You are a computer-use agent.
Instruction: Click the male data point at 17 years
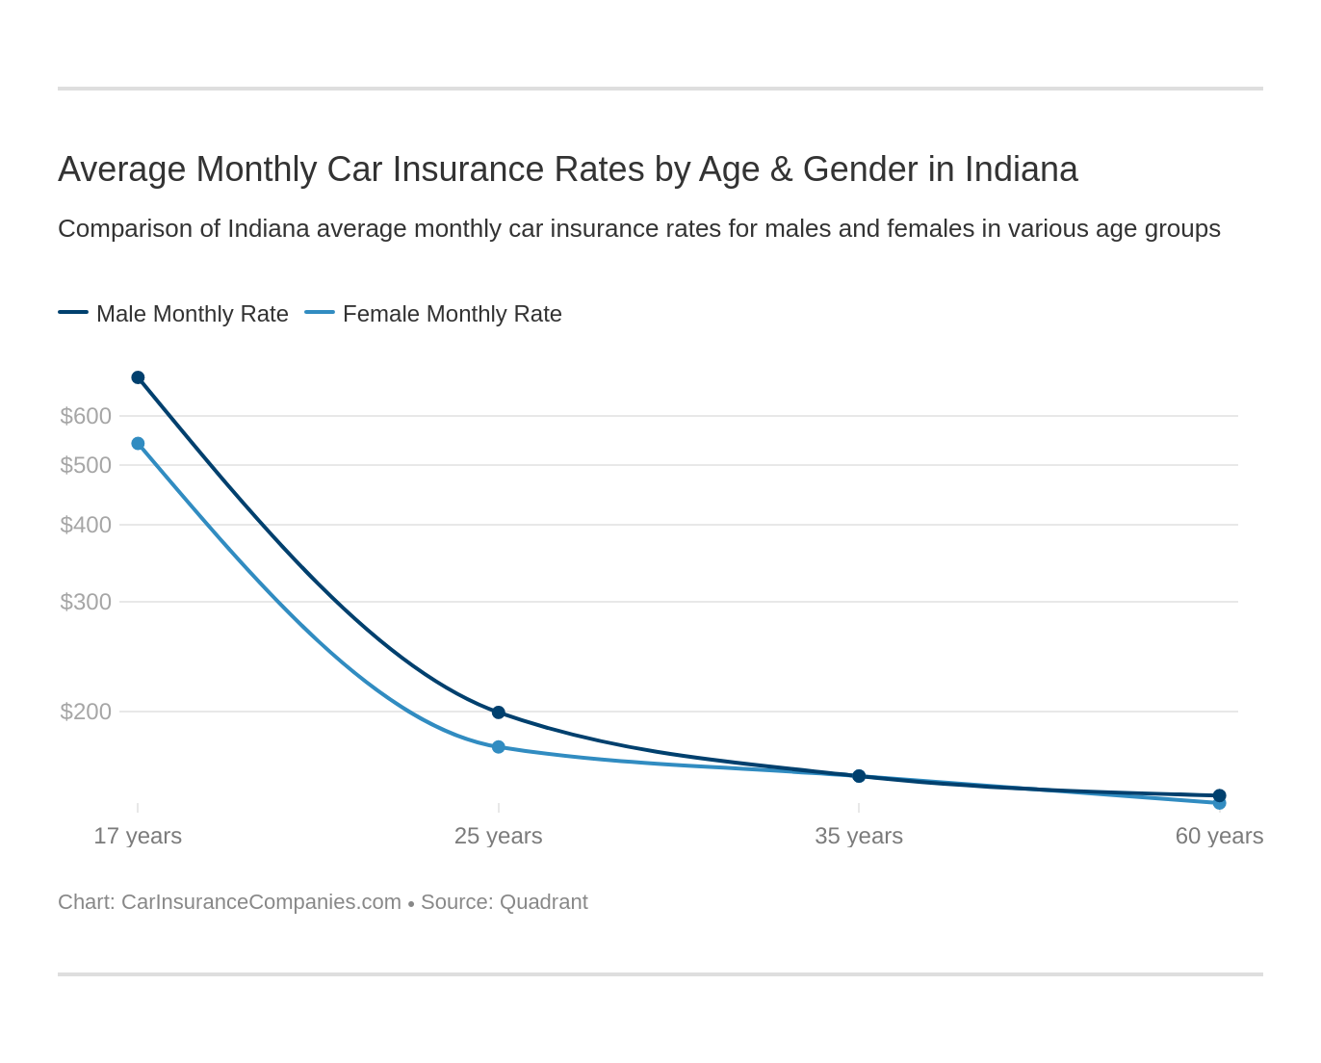point(138,377)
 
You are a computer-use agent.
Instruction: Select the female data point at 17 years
point(138,444)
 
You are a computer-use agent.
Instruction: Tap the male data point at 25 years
point(499,713)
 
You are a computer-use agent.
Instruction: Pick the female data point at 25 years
point(499,747)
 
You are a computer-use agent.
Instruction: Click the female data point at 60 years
point(1220,804)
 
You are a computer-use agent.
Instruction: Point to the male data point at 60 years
point(1220,794)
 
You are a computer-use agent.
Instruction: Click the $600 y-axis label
point(86,416)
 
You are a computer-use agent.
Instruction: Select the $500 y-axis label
point(86,465)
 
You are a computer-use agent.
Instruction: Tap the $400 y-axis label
point(86,525)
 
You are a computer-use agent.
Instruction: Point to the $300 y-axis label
point(86,602)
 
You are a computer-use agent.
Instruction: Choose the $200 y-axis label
point(86,712)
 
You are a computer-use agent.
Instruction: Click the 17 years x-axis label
point(138,836)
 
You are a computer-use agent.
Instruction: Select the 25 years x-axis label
point(499,836)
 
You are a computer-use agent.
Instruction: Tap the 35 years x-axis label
point(859,836)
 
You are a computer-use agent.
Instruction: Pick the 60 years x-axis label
point(1219,836)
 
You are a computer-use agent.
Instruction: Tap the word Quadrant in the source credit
point(544,902)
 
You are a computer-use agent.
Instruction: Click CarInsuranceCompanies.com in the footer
point(261,902)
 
